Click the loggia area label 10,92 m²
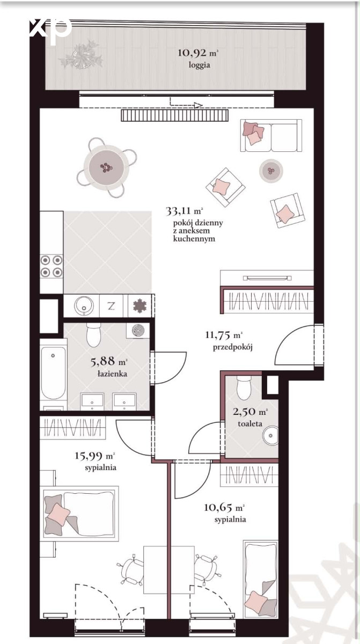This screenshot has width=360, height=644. (198, 53)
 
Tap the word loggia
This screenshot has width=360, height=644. (199, 65)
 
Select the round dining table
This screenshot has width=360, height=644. (106, 167)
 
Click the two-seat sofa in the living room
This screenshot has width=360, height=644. (271, 135)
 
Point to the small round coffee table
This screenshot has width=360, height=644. (271, 171)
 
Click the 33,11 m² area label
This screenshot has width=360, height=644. (184, 211)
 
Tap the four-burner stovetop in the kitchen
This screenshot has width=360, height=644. (52, 266)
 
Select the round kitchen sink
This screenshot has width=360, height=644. (84, 305)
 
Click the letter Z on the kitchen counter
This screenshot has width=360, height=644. (111, 306)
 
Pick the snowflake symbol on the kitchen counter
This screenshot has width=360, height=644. (139, 305)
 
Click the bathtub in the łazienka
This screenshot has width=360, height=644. (53, 372)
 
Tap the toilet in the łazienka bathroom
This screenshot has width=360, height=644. (94, 334)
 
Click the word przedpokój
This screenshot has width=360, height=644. (233, 347)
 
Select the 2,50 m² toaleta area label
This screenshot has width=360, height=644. (250, 412)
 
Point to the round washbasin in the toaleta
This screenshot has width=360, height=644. (270, 435)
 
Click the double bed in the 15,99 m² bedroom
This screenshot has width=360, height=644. (79, 514)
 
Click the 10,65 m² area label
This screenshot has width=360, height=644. (224, 507)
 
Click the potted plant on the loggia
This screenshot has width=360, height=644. (82, 55)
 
